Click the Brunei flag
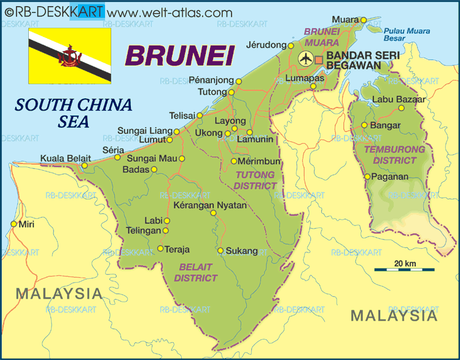[69, 55]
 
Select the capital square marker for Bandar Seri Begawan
[319, 60]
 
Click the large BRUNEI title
[181, 57]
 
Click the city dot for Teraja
[160, 249]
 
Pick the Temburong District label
[394, 155]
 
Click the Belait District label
[196, 272]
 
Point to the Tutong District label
[255, 179]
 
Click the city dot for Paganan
[367, 177]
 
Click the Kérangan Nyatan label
[210, 205]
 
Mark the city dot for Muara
[363, 20]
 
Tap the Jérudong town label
[266, 45]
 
